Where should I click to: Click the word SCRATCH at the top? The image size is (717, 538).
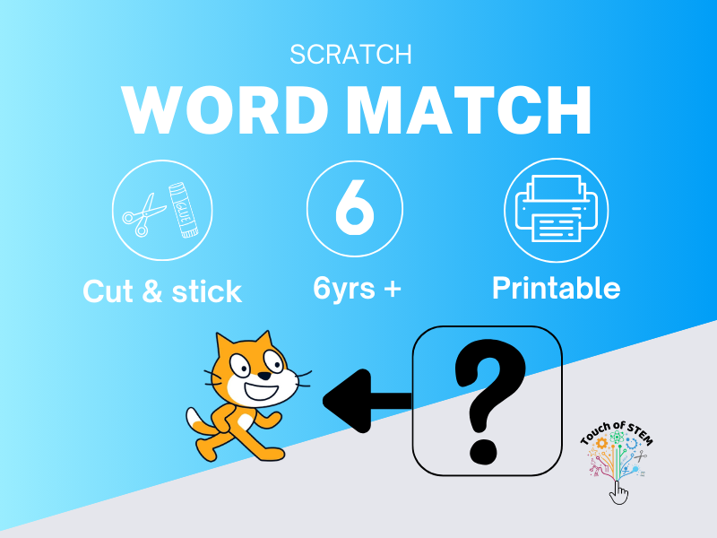[351, 55]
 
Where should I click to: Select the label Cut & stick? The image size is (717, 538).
[162, 291]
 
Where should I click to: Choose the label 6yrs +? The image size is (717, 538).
[356, 289]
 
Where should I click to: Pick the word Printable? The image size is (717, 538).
[556, 288]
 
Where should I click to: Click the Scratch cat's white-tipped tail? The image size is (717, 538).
[195, 420]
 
